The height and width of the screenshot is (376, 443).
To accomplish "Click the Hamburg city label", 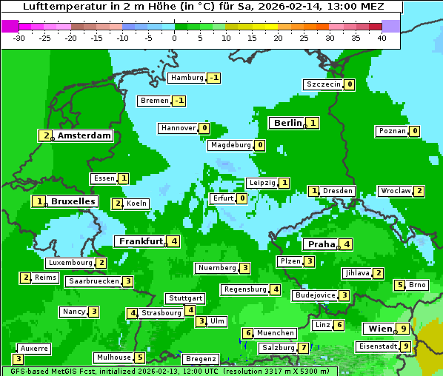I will tap(187, 78).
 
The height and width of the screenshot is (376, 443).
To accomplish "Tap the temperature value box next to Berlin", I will tap(313, 123).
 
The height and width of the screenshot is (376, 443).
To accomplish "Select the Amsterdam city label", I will tap(84, 135).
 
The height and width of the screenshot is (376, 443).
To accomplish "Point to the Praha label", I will tap(321, 244).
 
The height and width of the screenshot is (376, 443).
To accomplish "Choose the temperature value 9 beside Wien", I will tap(402, 329).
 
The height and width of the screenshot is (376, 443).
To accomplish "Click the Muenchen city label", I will tap(276, 333).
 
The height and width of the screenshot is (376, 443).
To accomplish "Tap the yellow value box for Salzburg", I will tap(303, 348).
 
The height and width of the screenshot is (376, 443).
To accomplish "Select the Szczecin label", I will tap(324, 84).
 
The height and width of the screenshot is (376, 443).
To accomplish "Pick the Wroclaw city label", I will tap(395, 191).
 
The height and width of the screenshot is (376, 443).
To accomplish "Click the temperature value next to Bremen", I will tap(179, 101).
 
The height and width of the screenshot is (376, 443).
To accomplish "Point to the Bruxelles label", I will tap(73, 201).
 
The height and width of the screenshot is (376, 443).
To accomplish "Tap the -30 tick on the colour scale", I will tap(19, 37).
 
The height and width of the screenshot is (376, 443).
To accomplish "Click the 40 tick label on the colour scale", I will tap(382, 37).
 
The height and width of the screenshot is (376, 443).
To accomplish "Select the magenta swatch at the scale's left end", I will tap(10, 26).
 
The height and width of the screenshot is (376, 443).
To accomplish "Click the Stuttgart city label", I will tap(185, 298).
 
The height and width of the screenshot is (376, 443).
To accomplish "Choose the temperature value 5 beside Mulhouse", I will tap(140, 357).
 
